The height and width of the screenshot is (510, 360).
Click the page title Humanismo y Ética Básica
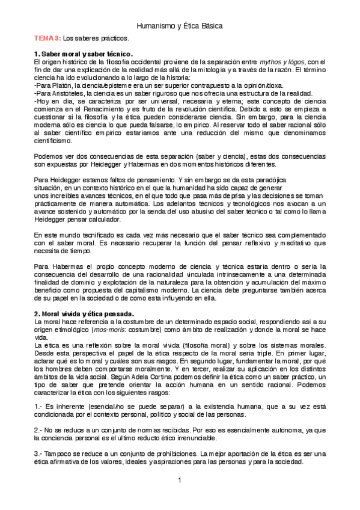(x=180, y=26)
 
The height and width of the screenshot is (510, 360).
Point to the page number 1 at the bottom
(x=179, y=480)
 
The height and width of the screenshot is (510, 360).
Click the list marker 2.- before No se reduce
(x=38, y=431)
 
